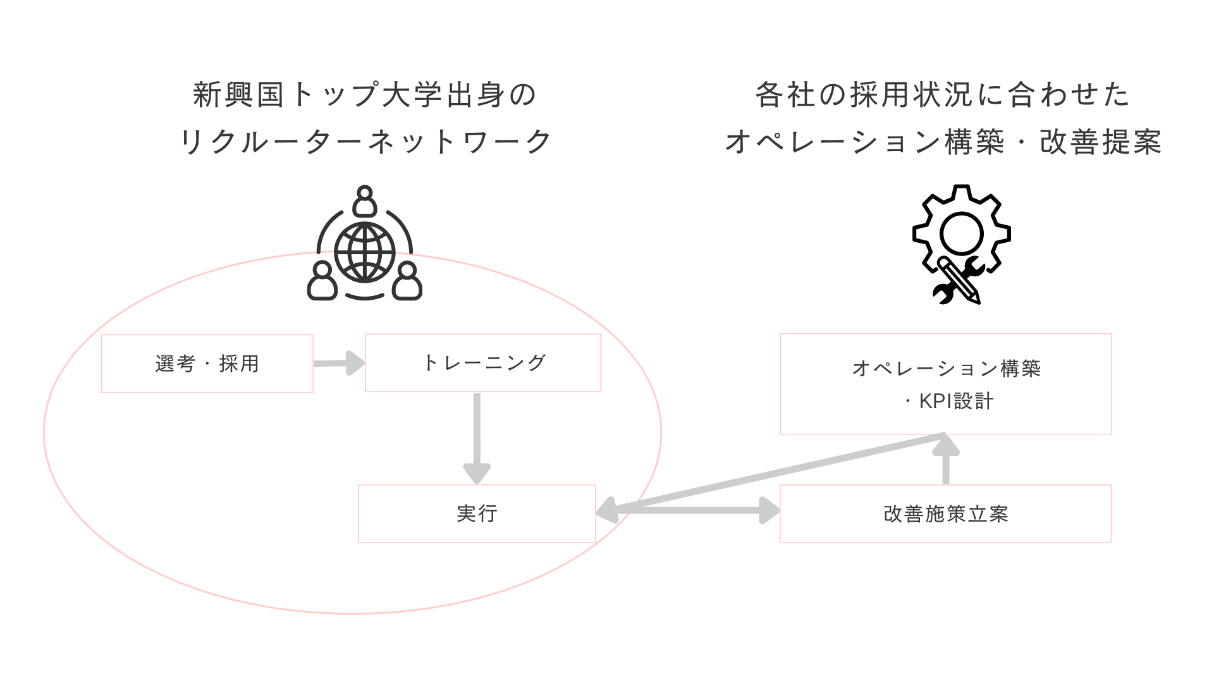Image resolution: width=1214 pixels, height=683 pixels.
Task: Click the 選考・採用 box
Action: coord(207,364)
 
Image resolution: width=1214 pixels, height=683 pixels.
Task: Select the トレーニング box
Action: coord(483,363)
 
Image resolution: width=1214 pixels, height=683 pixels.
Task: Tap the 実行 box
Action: coord(477,514)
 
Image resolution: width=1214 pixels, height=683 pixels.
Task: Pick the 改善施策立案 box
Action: coord(945,514)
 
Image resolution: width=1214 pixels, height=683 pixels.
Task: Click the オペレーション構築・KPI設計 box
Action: coord(945,384)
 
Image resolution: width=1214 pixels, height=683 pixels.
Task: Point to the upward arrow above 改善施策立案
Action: coord(946,462)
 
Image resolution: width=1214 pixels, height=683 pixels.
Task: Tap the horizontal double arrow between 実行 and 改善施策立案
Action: coord(689,510)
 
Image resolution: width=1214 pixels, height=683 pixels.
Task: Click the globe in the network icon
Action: coord(365,252)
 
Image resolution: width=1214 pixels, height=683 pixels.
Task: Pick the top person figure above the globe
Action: coord(365,200)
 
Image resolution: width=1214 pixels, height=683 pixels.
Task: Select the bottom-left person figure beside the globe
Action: coord(322,281)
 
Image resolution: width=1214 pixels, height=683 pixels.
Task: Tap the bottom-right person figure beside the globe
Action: coord(407,281)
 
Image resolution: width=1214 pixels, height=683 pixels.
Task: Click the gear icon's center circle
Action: coord(961,233)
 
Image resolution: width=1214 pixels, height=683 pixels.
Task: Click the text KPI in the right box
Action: coord(936,401)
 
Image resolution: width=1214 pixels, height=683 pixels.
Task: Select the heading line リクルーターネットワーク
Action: coord(365,142)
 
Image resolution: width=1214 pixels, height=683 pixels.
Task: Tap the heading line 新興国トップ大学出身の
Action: coord(365,95)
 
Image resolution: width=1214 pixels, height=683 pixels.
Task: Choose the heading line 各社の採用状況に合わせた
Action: coord(943,95)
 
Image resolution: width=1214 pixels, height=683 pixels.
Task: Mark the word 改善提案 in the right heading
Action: coord(1101,142)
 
